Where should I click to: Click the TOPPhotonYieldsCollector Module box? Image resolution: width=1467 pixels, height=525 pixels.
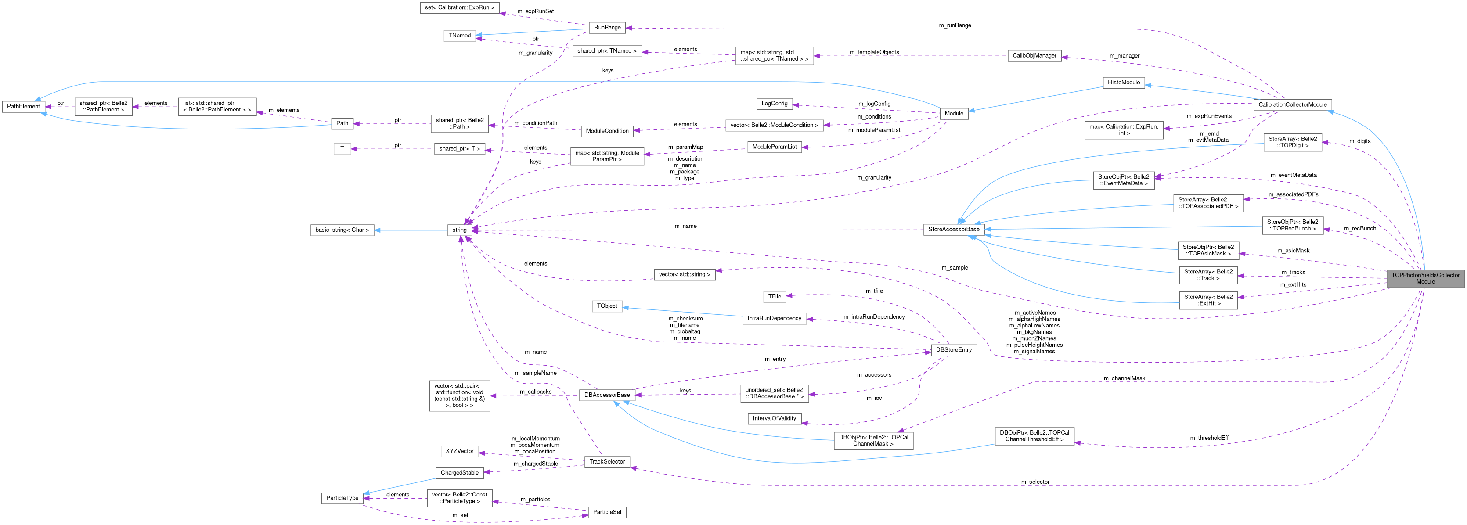[1425, 278]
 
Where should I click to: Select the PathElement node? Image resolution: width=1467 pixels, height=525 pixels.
[23, 107]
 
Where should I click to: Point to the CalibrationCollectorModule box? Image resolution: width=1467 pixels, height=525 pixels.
[1292, 105]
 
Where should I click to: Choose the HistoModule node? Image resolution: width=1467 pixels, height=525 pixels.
[1123, 83]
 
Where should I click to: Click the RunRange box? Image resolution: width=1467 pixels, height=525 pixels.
[607, 27]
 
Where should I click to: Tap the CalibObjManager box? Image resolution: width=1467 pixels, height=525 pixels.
[1034, 56]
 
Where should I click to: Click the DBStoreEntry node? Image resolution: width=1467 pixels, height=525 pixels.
[953, 349]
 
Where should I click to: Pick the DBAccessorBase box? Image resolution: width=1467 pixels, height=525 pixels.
[607, 395]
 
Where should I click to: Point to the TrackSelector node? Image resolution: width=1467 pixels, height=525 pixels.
[607, 462]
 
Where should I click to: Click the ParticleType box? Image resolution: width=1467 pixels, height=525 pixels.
[342, 498]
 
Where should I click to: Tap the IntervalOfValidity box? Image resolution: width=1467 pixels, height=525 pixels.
[774, 418]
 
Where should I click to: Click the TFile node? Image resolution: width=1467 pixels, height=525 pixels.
[774, 297]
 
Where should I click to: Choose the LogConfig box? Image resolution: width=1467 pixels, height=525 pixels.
[774, 104]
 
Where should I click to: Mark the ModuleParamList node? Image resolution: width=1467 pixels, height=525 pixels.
[774, 147]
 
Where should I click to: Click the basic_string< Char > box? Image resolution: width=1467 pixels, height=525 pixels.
[342, 230]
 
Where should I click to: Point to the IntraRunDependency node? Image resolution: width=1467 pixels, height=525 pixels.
[774, 318]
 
